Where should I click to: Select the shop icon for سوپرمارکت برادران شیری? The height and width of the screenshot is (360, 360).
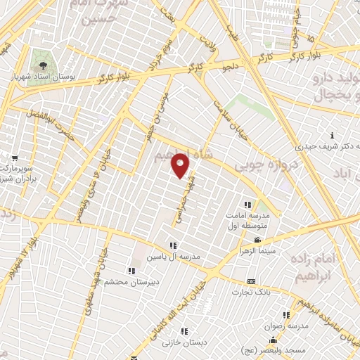pos(15,158)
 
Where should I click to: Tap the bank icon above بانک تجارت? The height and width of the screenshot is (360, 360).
pos(251,281)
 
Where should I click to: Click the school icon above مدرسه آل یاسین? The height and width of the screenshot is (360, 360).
pos(173,245)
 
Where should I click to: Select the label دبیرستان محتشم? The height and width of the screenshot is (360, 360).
pos(129,281)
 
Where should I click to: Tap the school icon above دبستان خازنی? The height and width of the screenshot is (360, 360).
pos(184,331)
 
